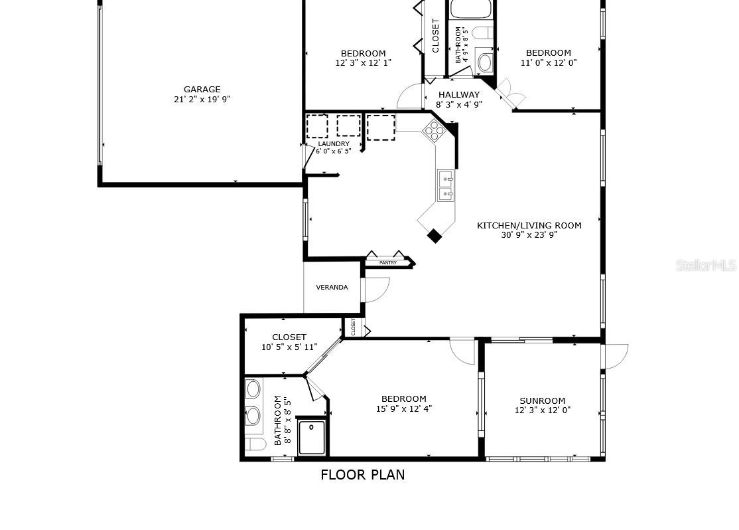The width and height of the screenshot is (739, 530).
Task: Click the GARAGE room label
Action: (202, 89)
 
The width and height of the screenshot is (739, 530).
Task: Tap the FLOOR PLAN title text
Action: (362, 475)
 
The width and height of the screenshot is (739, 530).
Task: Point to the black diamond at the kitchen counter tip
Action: (435, 236)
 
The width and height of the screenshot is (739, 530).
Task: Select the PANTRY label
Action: (388, 263)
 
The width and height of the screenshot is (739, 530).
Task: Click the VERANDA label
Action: (332, 288)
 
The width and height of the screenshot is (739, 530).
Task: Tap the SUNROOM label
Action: (542, 400)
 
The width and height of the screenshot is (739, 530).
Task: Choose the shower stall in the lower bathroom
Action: (312, 437)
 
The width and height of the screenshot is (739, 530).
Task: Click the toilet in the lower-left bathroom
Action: (252, 444)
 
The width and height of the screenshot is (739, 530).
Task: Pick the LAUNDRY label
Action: (334, 144)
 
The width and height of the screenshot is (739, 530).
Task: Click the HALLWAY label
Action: (458, 95)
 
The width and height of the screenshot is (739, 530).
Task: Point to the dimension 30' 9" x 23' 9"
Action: (529, 234)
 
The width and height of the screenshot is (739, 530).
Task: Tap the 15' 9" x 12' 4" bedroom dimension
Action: (403, 409)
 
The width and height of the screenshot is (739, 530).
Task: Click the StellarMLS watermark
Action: (706, 266)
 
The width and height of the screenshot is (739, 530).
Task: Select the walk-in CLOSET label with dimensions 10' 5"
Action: (289, 337)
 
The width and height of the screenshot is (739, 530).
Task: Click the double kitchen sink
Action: (445, 185)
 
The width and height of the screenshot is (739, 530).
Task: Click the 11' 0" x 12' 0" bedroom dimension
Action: (548, 63)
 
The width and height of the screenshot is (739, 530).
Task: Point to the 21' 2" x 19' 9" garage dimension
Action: (202, 100)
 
